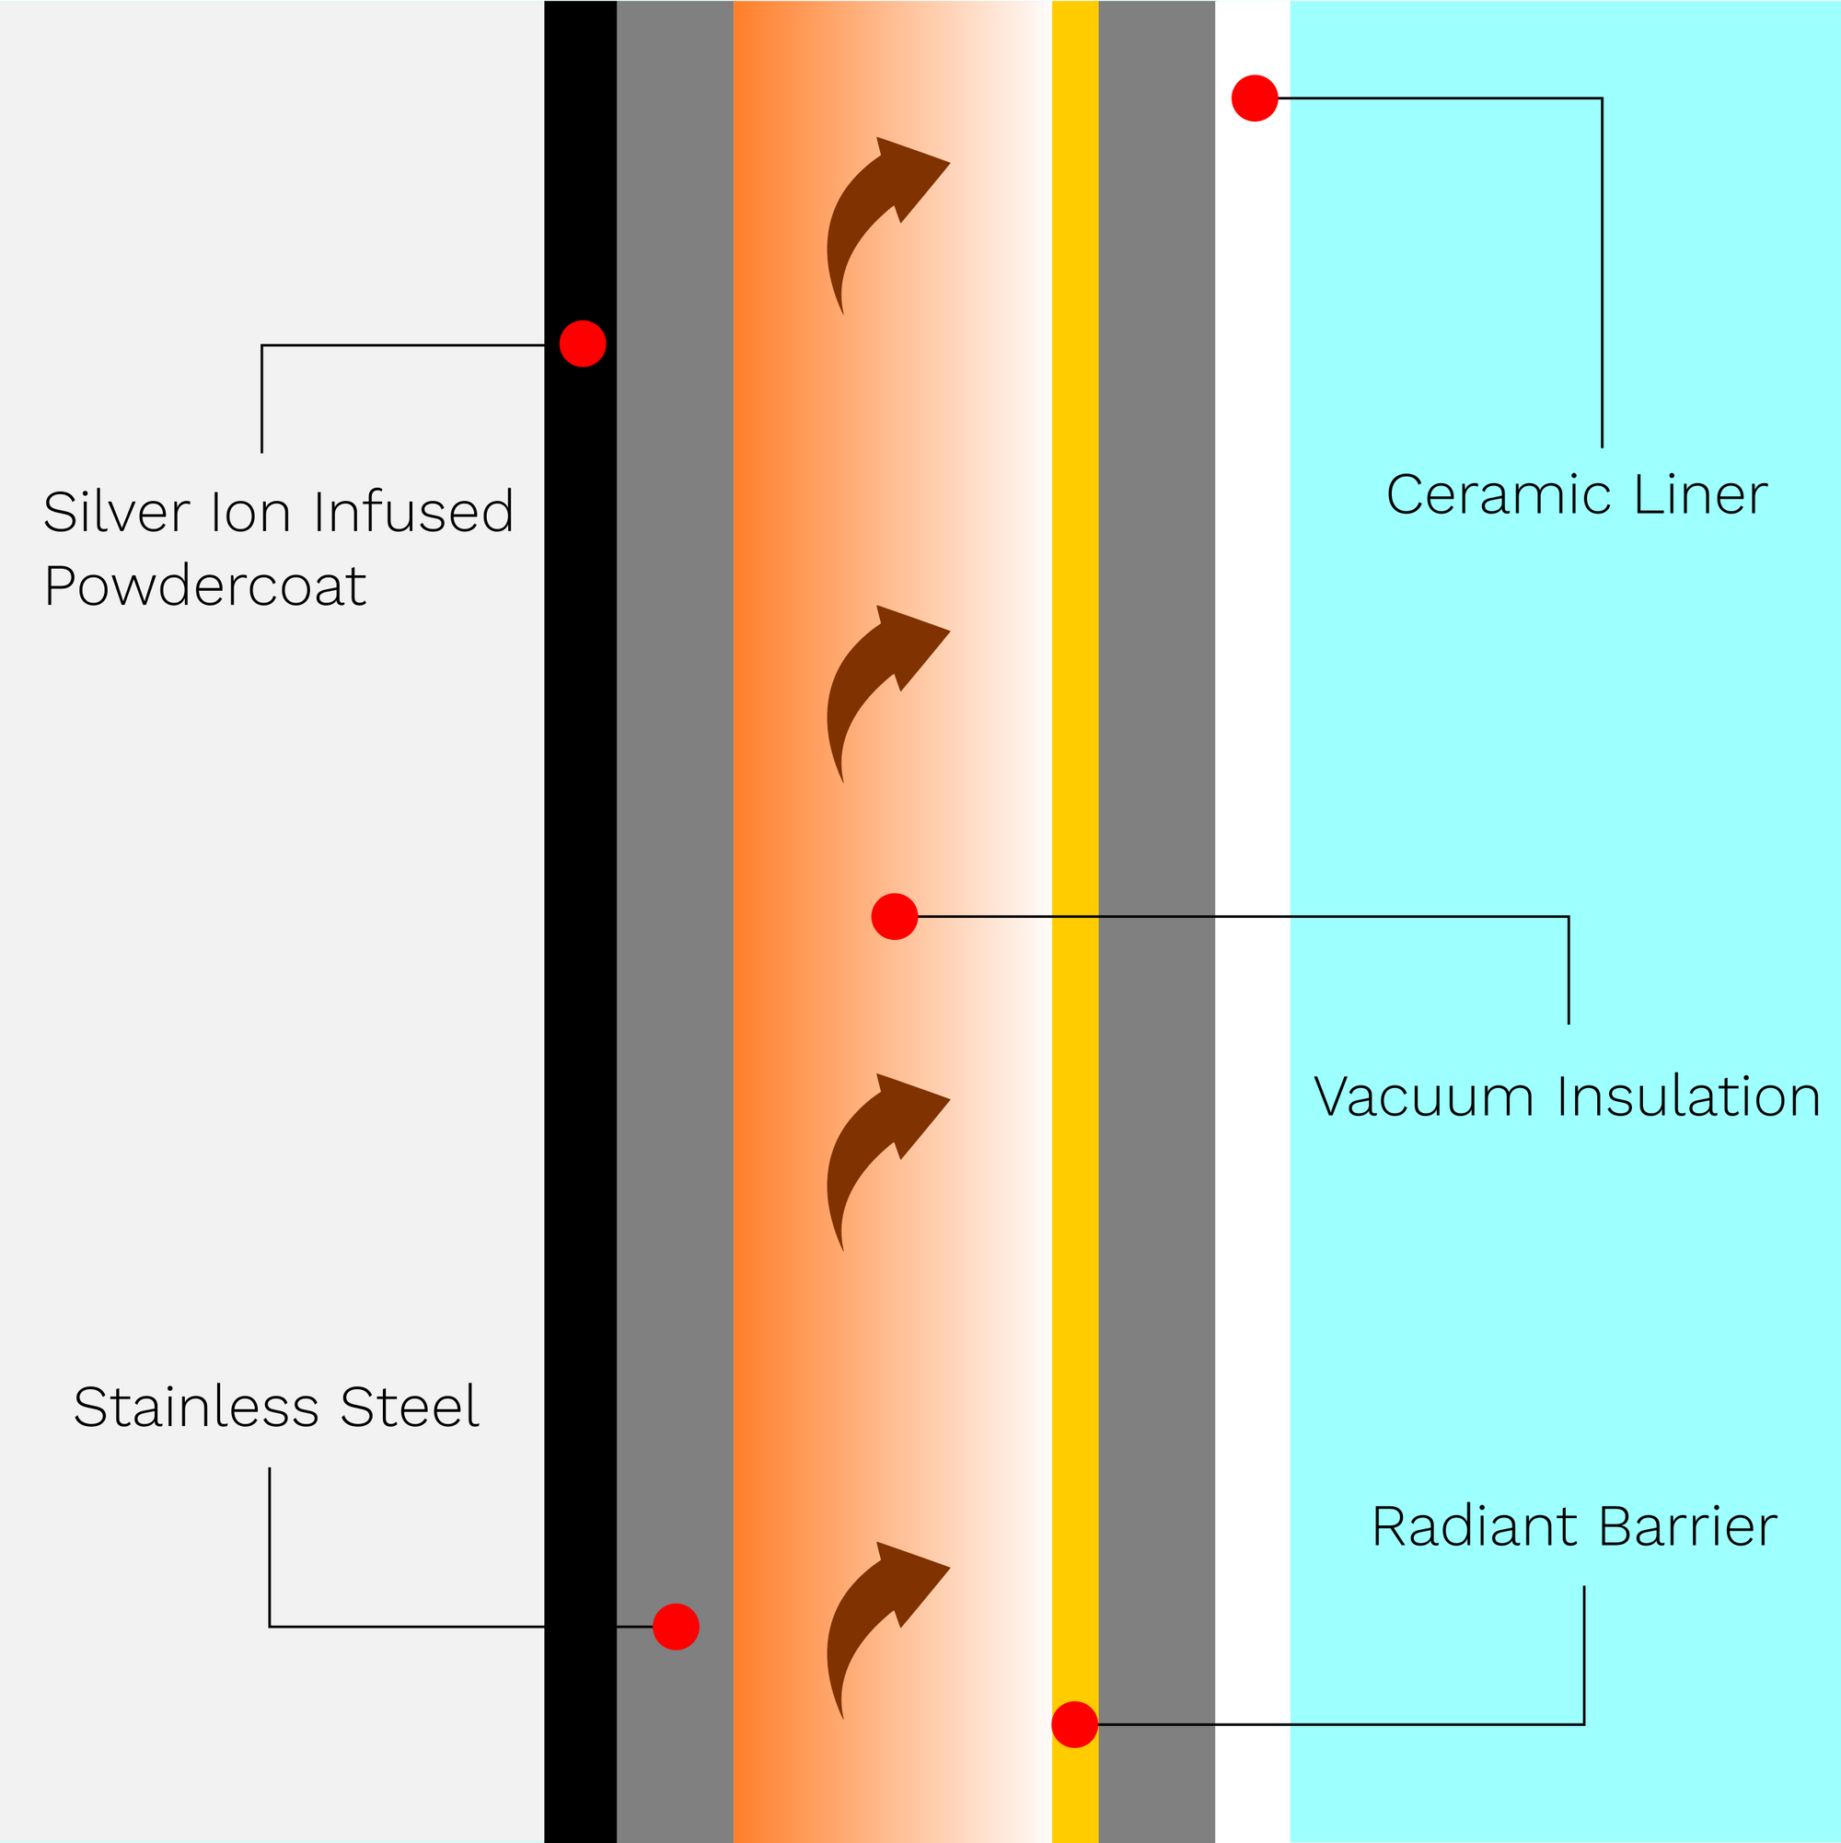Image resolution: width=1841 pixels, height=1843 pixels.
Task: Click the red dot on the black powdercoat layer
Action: tap(582, 343)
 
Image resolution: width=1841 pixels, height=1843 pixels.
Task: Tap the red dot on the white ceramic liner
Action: tap(1255, 99)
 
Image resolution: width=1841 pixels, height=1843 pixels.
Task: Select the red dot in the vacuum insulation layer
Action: tap(894, 917)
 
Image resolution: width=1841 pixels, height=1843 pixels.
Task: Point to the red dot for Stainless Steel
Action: tap(676, 1627)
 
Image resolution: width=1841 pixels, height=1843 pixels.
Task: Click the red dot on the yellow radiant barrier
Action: tap(1074, 1725)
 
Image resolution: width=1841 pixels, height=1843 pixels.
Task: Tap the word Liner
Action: tap(1700, 495)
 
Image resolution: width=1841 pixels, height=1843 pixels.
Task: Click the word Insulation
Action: tap(1688, 1097)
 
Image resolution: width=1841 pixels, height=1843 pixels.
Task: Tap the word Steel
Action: tap(410, 1407)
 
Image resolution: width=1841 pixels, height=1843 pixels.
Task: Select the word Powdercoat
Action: tap(205, 585)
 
